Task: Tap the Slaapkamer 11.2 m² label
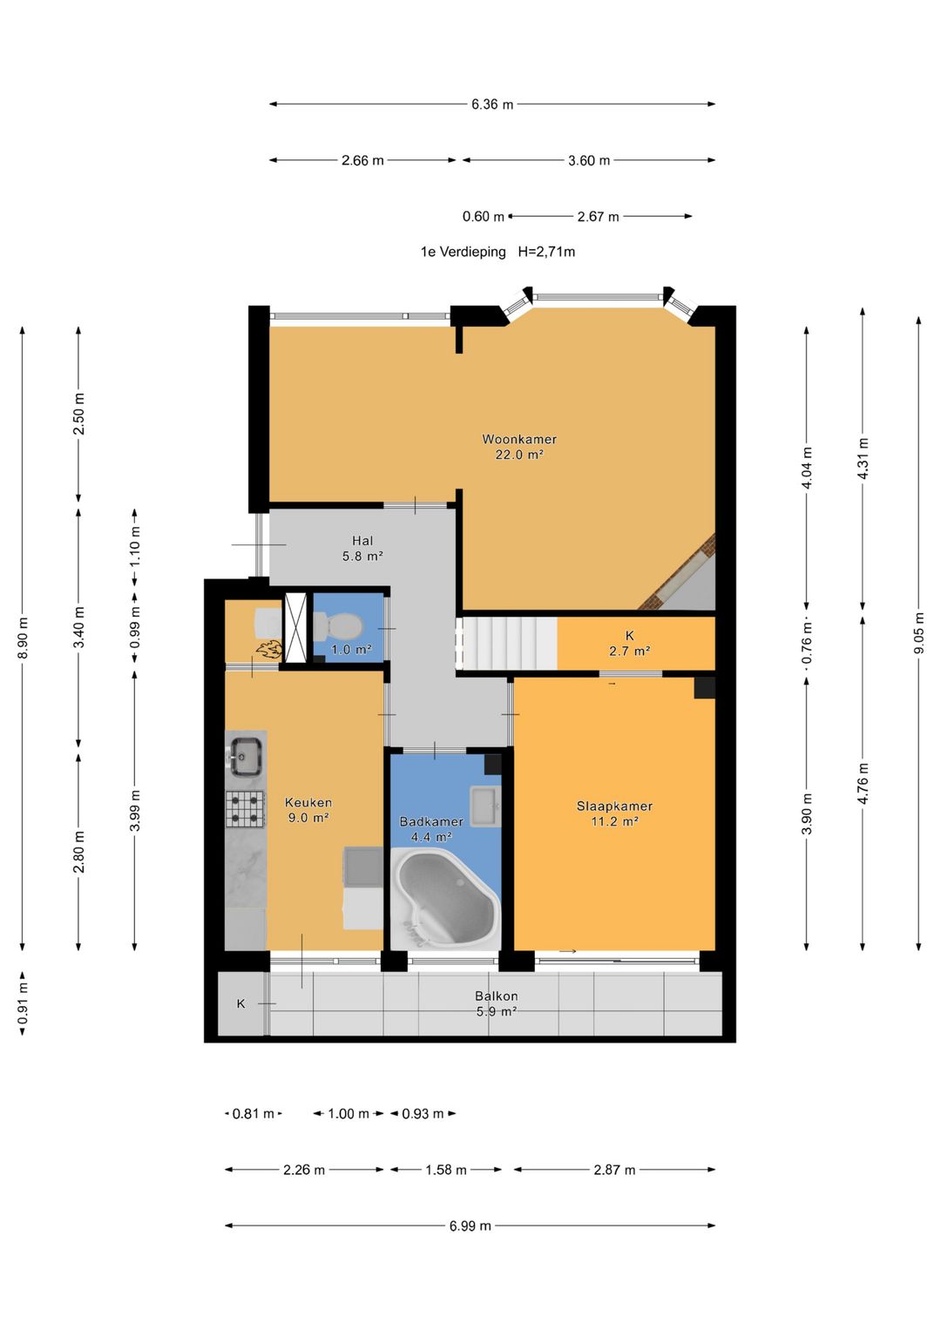pos(614,814)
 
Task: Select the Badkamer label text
pos(431,821)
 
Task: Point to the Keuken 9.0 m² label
pos(308,810)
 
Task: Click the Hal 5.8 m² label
pos(362,549)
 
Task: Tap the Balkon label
pos(496,996)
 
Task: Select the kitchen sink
pos(246,756)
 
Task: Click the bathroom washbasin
pos(485,806)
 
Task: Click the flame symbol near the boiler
pos(269,650)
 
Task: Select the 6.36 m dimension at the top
pos(492,105)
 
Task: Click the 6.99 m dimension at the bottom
pos(470,1225)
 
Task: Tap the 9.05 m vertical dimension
pos(918,633)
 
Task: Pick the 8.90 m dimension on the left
pos(23,638)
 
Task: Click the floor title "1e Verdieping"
pos(463,252)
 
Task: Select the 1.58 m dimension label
pos(445,1170)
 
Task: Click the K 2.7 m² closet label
pos(629,643)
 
